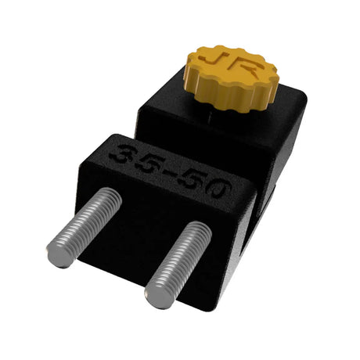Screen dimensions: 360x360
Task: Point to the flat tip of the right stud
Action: (x=157, y=294)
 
